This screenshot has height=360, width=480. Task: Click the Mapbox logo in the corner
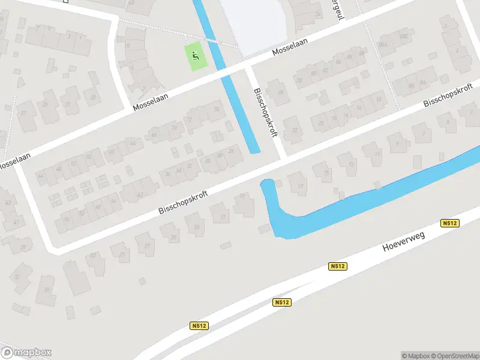click(x=26, y=352)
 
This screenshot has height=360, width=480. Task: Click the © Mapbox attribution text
click(x=414, y=355)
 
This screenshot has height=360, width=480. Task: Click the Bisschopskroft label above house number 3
click(x=449, y=97)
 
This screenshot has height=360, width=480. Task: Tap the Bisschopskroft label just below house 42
click(x=183, y=202)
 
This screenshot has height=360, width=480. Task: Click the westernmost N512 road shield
click(x=200, y=326)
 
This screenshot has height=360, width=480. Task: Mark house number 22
click(x=294, y=130)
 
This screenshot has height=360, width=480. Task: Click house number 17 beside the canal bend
click(x=300, y=186)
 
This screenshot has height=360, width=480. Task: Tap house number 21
click(x=223, y=216)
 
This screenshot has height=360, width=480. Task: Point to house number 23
click(x=197, y=227)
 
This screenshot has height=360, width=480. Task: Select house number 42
click(x=140, y=195)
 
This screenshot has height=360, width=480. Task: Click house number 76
click(x=215, y=109)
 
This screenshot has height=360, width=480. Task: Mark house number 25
click(x=174, y=238)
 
